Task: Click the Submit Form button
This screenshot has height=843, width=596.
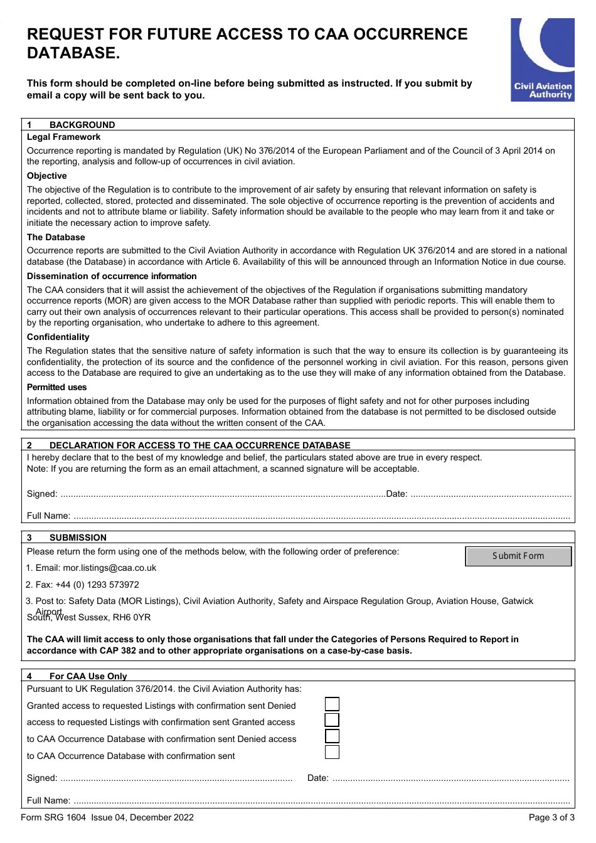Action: (x=518, y=556)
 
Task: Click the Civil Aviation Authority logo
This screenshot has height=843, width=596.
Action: (x=543, y=60)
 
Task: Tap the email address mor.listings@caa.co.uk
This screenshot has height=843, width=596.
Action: (x=109, y=568)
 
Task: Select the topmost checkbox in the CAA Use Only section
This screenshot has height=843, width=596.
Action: (x=332, y=704)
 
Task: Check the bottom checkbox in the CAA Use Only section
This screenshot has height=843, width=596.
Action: (x=332, y=752)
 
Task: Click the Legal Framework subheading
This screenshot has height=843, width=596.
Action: (x=63, y=137)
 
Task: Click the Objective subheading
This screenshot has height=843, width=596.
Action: (x=46, y=176)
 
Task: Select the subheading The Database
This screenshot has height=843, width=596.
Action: (x=56, y=238)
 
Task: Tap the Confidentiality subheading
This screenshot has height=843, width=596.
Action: (x=58, y=337)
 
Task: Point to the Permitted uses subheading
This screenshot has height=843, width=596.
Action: (x=56, y=388)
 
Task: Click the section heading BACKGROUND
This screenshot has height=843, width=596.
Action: (x=82, y=125)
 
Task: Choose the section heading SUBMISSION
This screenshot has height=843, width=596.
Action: (x=78, y=538)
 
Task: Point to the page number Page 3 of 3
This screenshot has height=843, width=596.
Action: (x=551, y=817)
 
